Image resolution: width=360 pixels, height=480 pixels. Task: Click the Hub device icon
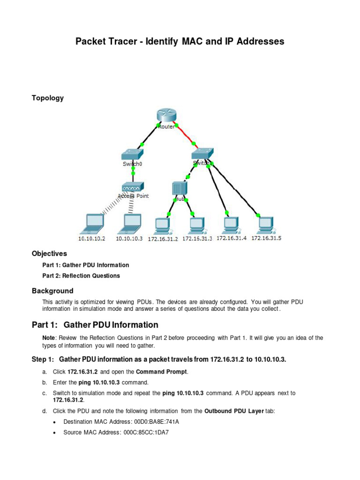point(180,188)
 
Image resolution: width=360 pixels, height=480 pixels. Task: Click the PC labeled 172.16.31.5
point(266,225)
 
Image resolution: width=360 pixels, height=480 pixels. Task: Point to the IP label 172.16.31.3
point(197,239)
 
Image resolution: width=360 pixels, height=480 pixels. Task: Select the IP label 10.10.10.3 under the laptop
point(129,239)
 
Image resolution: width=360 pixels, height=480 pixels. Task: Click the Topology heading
point(48,98)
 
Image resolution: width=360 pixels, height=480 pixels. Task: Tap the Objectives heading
point(49,254)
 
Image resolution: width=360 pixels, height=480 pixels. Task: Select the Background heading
point(52,291)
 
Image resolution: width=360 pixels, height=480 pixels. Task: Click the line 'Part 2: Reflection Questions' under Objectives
point(81,276)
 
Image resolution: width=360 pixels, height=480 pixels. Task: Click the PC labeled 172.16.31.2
point(163,225)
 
